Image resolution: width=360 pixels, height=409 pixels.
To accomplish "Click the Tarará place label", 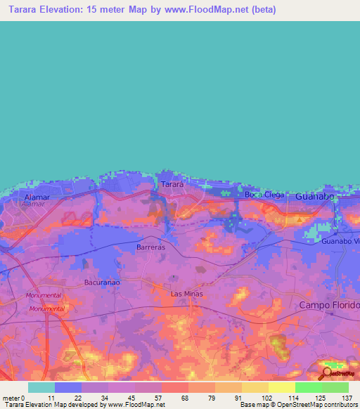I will point(172,184).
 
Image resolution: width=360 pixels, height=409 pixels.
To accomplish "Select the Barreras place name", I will point(150,247).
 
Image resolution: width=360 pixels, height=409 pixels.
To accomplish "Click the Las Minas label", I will point(186,294).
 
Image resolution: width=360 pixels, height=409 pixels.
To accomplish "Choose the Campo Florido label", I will point(329,305).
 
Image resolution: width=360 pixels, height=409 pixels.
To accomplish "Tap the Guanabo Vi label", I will point(340,242).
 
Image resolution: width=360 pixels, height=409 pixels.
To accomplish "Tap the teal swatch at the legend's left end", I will point(41,387).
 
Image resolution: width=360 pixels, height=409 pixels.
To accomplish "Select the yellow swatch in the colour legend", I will point(281,387).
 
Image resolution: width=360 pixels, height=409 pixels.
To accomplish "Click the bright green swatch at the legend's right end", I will point(335,387).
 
